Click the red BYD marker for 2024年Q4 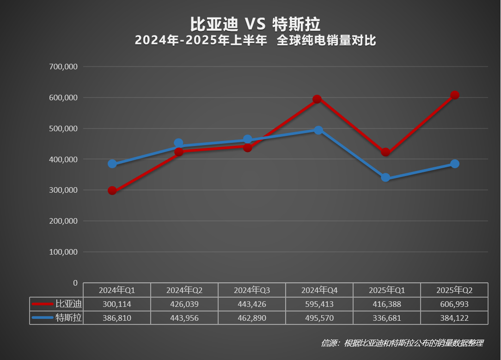click(x=317, y=99)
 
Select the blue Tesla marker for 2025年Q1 click(x=385, y=178)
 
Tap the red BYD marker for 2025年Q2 click(x=455, y=95)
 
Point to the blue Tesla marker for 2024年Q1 click(x=112, y=164)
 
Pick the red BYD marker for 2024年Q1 click(x=112, y=190)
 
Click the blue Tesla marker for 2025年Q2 click(x=455, y=164)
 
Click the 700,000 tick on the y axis click(x=63, y=67)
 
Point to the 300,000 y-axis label click(x=63, y=190)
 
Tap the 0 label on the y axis click(x=75, y=283)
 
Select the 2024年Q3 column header click(x=252, y=290)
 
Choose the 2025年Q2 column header click(x=454, y=290)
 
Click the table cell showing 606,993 click(x=454, y=304)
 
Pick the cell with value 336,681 click(x=387, y=318)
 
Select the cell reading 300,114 click(x=117, y=304)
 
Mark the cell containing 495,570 click(x=319, y=318)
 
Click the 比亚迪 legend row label click(x=68, y=304)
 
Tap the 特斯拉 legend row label click(x=68, y=318)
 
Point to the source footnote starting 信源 click(x=402, y=343)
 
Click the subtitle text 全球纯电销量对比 click(x=326, y=41)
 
